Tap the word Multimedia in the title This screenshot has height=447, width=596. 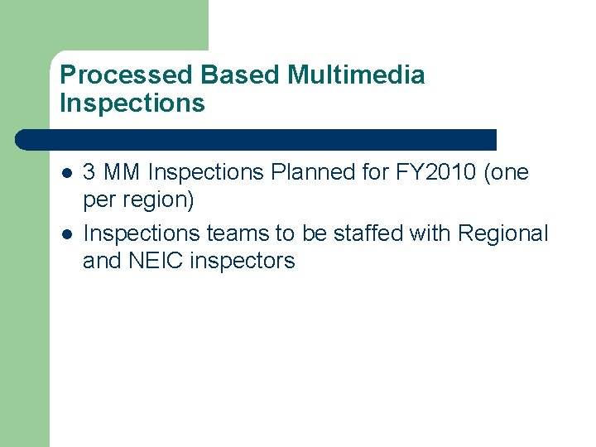pyautogui.click(x=356, y=75)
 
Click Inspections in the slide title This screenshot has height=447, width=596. pyautogui.click(x=132, y=103)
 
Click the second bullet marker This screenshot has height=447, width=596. pyautogui.click(x=66, y=234)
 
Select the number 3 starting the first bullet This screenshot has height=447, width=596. pyautogui.click(x=89, y=173)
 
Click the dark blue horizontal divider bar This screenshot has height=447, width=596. pyautogui.click(x=257, y=139)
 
